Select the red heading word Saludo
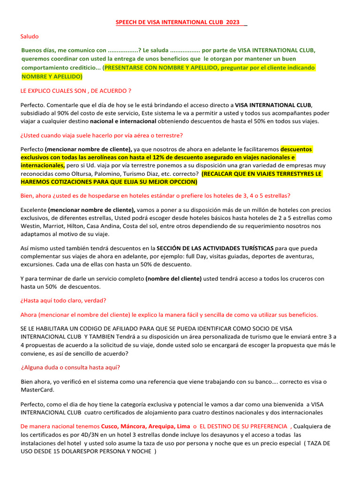pos(30,36)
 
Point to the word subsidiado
pos(36,113)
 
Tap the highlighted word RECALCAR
pos(222,173)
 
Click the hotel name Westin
pos(31,226)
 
